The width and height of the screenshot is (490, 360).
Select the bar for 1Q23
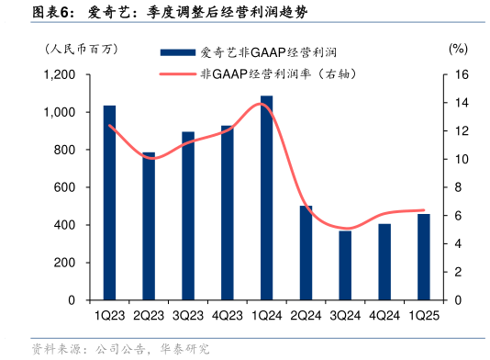109,203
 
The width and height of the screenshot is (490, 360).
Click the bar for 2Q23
149,226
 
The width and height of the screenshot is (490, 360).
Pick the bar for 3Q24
345,265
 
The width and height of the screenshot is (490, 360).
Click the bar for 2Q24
306,253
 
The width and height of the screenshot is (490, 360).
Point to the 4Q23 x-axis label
227,315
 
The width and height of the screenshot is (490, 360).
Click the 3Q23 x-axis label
187,315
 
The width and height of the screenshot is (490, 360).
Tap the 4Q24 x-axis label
384,315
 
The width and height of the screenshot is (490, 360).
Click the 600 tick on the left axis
66,187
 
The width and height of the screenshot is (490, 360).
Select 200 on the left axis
66,263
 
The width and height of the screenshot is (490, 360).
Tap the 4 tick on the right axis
458,244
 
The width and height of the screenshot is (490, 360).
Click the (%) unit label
458,49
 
